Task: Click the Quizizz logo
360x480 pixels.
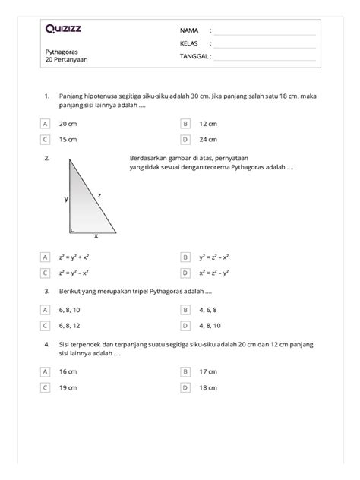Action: coord(65,30)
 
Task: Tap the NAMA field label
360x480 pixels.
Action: coord(188,30)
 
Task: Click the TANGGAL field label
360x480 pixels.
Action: coord(194,55)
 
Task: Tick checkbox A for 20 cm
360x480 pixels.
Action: coord(46,122)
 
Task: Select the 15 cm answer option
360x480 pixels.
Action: coord(67,139)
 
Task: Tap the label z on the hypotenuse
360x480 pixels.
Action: coord(99,195)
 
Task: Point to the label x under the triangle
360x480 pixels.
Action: coord(96,235)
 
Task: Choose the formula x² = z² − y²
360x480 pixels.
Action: coord(214,273)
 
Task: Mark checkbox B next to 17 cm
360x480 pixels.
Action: coord(185,371)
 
